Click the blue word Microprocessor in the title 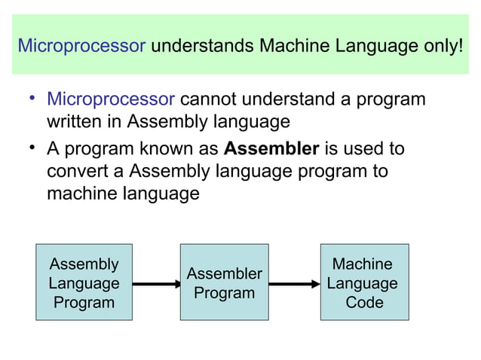(81, 46)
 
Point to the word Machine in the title (296, 46)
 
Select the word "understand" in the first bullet (286, 99)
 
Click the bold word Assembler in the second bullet (271, 148)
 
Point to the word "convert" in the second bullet (76, 170)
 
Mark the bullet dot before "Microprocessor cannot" (33, 98)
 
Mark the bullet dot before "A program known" (33, 146)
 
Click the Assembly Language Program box (84, 283)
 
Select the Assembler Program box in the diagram (224, 283)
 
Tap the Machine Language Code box (363, 283)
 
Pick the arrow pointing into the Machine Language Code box (294, 284)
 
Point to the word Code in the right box (363, 303)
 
